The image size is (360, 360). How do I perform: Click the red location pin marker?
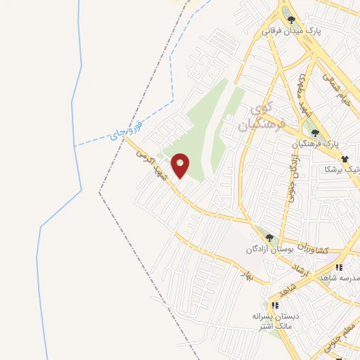[181, 166]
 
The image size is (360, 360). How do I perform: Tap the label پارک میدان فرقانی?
[288, 31]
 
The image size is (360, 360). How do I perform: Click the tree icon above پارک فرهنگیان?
[316, 131]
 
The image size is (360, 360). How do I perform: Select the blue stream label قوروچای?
[129, 130]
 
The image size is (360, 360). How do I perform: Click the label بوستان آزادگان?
[267, 250]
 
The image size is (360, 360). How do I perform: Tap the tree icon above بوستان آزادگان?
[269, 238]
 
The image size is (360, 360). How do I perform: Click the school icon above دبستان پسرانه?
[275, 305]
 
